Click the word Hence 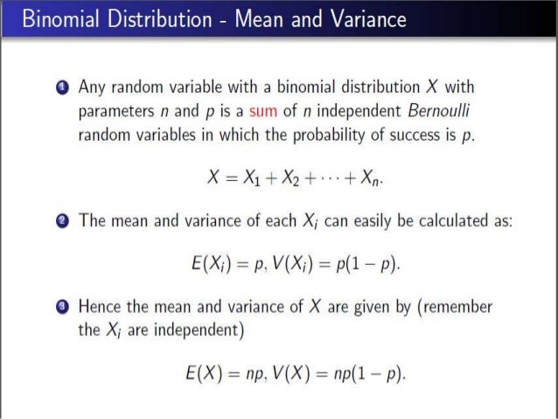pyautogui.click(x=99, y=308)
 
